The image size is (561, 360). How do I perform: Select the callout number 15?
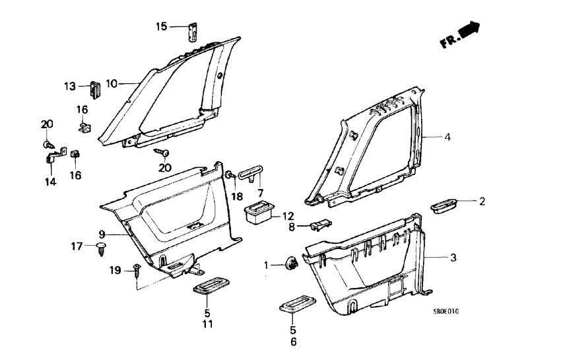[162, 26]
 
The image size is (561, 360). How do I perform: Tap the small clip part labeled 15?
[195, 30]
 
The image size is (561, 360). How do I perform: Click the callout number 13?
[70, 86]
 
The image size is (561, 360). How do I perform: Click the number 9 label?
[102, 233]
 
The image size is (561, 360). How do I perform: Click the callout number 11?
[207, 325]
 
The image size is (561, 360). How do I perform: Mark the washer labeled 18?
[228, 175]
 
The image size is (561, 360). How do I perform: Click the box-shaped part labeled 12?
[257, 213]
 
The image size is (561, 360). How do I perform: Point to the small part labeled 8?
[318, 227]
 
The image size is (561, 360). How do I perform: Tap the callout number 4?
[447, 138]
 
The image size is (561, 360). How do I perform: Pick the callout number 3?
[453, 257]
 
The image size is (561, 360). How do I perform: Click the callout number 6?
[293, 342]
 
